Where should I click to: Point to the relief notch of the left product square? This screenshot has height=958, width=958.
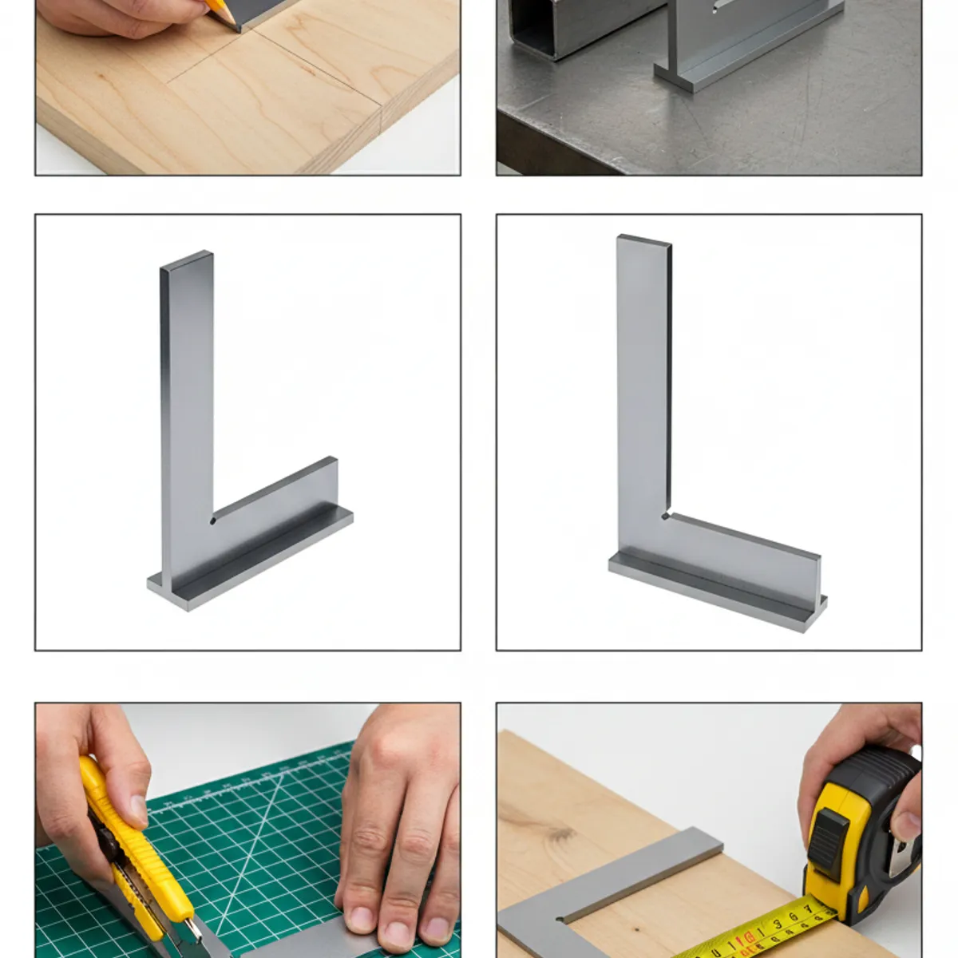213,521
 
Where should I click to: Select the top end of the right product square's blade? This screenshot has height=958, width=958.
644,240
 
